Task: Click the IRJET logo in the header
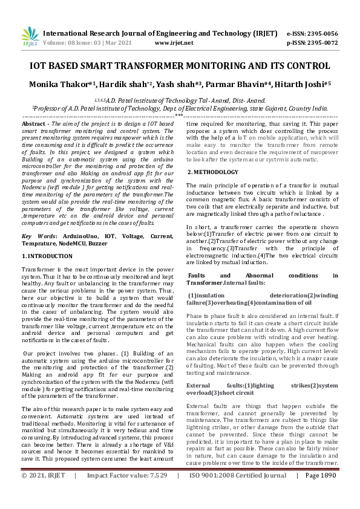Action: click(30, 37)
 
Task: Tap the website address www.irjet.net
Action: click(174, 43)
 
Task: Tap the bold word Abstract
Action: click(35, 123)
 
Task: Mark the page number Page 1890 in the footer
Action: click(320, 493)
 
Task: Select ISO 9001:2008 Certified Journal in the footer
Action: click(238, 493)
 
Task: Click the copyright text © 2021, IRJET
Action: click(44, 493)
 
